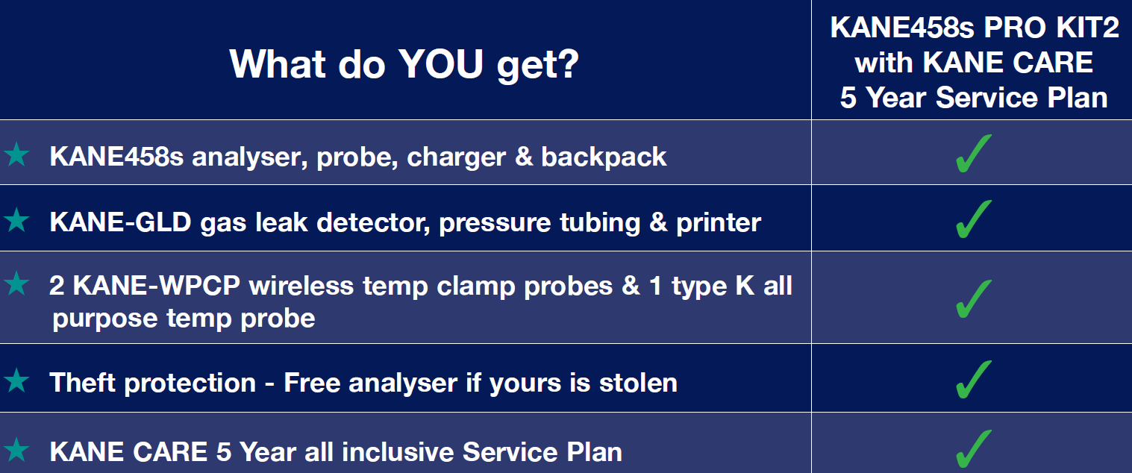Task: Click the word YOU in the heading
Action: pyautogui.click(x=441, y=64)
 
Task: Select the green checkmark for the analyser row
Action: pyautogui.click(x=974, y=154)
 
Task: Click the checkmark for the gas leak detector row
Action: pyautogui.click(x=974, y=219)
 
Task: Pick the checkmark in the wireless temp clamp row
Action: pyautogui.click(x=974, y=298)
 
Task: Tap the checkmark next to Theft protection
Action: pyautogui.click(x=974, y=380)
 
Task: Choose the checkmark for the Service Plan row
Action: pyautogui.click(x=974, y=448)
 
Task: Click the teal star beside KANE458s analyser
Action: pyautogui.click(x=17, y=154)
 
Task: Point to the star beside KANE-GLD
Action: pyautogui.click(x=17, y=220)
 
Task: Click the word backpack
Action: pyautogui.click(x=604, y=157)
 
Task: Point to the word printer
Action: pyautogui.click(x=719, y=223)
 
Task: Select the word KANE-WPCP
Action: pyautogui.click(x=157, y=286)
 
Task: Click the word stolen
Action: pyautogui.click(x=638, y=383)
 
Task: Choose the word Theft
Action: pyautogui.click(x=83, y=383)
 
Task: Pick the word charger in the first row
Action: pyautogui.click(x=457, y=157)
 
